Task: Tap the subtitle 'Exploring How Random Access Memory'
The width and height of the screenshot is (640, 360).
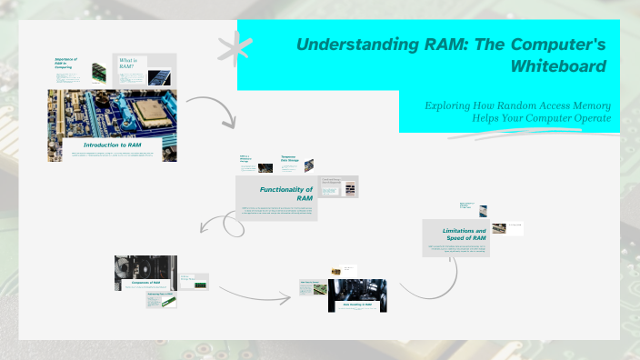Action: tap(517, 105)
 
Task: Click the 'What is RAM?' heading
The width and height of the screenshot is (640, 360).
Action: tap(127, 64)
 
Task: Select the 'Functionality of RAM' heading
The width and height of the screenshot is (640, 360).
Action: tap(286, 193)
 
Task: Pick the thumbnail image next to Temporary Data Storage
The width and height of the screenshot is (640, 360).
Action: tap(309, 166)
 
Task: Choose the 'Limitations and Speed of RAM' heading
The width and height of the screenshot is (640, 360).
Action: tap(455, 235)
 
